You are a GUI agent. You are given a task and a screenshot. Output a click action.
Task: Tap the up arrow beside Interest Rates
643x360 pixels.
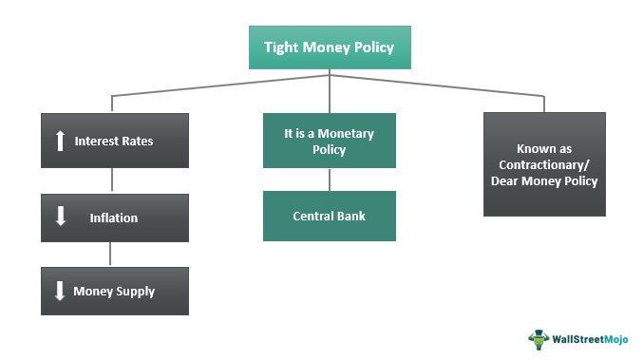point(59,141)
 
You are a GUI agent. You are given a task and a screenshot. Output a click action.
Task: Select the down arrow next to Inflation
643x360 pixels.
point(61,217)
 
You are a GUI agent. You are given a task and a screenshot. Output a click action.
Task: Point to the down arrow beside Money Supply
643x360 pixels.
point(59,291)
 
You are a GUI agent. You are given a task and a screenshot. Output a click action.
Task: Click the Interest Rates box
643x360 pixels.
point(114,141)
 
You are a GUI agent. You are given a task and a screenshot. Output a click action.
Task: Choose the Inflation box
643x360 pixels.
point(114,217)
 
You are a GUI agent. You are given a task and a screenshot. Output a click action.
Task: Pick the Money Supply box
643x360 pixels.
point(114,291)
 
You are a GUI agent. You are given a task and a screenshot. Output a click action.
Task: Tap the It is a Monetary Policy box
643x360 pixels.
point(329,142)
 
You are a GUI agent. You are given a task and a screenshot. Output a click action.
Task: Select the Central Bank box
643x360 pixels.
point(329,216)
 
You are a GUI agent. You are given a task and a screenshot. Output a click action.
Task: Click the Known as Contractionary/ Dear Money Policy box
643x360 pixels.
point(543,164)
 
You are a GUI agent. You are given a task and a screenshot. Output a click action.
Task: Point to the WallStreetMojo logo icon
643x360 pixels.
point(539,337)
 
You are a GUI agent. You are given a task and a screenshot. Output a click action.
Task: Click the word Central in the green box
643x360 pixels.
point(312,216)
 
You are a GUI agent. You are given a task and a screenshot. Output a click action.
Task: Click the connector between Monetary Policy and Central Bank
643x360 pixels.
point(330,180)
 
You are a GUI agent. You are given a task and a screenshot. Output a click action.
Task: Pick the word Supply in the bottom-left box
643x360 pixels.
point(138,291)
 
